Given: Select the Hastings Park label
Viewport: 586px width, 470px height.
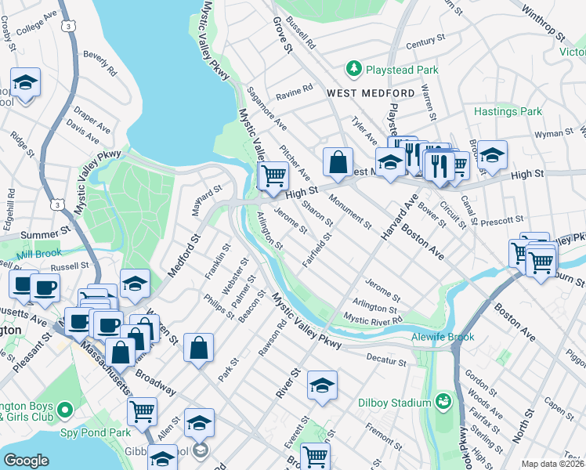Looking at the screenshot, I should [508, 112].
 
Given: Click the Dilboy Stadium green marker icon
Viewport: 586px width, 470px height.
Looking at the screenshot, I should [443, 403].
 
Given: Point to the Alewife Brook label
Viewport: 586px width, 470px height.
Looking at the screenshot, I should [443, 337].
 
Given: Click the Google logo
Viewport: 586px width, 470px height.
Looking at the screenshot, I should [26, 461].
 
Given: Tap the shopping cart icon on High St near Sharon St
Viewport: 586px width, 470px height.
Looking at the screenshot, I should [273, 175].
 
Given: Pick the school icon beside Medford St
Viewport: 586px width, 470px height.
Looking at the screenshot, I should [135, 282].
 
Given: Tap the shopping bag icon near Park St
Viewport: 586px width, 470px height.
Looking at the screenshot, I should [199, 347].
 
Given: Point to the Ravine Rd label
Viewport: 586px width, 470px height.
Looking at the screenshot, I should [294, 92].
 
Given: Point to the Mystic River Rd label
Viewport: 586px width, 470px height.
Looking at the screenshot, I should [374, 320].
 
